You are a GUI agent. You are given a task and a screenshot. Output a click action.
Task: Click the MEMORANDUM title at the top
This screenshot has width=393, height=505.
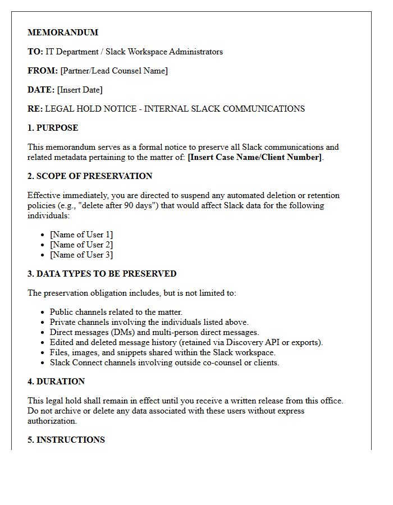pyautogui.click(x=63, y=33)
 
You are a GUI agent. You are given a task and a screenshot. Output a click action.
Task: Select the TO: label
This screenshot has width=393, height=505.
pyautogui.click(x=35, y=52)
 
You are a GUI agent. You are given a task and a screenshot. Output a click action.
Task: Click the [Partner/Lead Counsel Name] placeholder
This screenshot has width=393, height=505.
pyautogui.click(x=114, y=71)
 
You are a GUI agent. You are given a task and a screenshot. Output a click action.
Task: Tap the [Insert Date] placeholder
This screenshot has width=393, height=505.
pyautogui.click(x=80, y=90)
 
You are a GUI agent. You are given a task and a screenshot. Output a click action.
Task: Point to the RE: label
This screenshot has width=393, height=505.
pyautogui.click(x=35, y=109)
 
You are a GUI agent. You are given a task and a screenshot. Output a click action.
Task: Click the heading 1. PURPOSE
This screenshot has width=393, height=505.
pyautogui.click(x=53, y=128)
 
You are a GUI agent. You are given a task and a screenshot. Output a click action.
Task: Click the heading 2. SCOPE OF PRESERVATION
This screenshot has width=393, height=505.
pyautogui.click(x=90, y=176)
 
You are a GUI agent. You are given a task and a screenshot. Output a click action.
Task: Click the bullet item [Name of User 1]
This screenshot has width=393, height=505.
pyautogui.click(x=81, y=235)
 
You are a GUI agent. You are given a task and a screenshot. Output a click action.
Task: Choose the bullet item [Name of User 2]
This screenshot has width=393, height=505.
pyautogui.click(x=81, y=245)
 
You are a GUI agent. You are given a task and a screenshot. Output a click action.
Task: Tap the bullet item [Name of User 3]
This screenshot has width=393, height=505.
pyautogui.click(x=81, y=255)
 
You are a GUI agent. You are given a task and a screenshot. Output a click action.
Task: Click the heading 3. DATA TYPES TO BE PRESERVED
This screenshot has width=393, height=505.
pyautogui.click(x=102, y=274)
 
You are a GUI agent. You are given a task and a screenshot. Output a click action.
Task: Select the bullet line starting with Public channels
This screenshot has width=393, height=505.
pyautogui.click(x=116, y=312)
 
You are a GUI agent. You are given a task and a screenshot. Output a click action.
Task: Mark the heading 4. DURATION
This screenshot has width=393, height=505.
pyautogui.click(x=56, y=382)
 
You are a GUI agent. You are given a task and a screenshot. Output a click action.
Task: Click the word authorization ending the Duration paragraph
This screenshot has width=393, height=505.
pyautogui.click(x=52, y=421)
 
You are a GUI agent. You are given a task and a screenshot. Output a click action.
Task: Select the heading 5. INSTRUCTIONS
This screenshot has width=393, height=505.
pyautogui.click(x=66, y=440)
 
